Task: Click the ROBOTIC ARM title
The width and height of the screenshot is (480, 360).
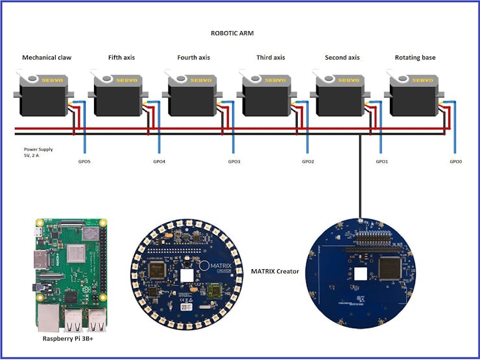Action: coord(235,33)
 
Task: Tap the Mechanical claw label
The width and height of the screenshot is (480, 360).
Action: coord(47,58)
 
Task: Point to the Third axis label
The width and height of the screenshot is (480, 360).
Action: coord(270,58)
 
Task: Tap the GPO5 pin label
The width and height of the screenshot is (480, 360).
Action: coord(84,162)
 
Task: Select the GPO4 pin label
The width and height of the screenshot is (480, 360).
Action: coord(159,162)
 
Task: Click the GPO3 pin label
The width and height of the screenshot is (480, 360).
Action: coord(234,162)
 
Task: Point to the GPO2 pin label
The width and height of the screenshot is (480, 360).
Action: coord(308,162)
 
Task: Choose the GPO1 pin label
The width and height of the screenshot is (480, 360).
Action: coord(382,162)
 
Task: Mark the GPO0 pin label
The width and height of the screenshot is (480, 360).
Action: coord(456,162)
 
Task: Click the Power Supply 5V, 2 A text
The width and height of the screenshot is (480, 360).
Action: coord(38,152)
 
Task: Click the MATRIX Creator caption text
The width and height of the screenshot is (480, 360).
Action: coord(275,270)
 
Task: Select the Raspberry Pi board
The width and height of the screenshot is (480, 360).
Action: coord(69,272)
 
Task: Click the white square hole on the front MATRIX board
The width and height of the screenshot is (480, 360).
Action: coord(186,275)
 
